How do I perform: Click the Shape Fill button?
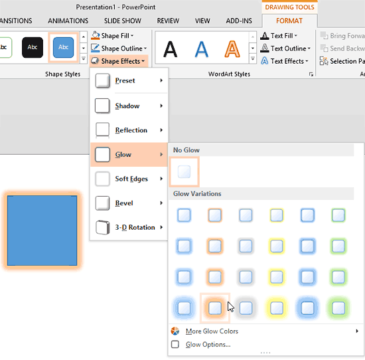[117, 35]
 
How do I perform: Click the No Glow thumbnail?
[184, 172]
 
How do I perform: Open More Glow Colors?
[212, 331]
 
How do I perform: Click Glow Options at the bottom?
[208, 345]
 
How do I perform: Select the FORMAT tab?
[289, 21]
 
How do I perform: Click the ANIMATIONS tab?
[68, 21]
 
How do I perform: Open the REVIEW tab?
[168, 21]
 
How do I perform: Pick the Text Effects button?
[286, 61]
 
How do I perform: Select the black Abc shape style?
[33, 47]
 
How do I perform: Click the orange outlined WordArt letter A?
[232, 48]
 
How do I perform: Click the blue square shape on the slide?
[42, 230]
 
